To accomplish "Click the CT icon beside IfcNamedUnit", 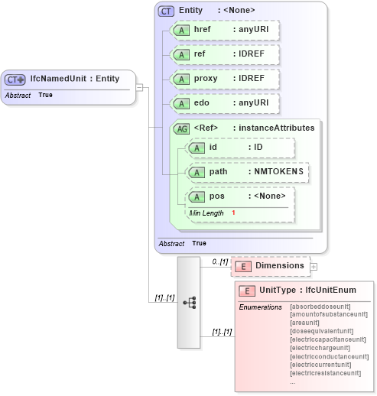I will point(15,79).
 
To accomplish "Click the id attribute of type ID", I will point(239,148).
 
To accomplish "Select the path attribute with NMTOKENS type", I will point(247,172).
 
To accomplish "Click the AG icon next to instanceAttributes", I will point(182,128).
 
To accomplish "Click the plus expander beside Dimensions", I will point(314,267).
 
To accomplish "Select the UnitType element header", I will point(305,291).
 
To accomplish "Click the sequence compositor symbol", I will point(188,302).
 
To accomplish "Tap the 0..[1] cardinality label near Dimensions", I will point(220,261).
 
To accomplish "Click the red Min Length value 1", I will point(233,212).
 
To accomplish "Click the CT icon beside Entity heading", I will point(166,11).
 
